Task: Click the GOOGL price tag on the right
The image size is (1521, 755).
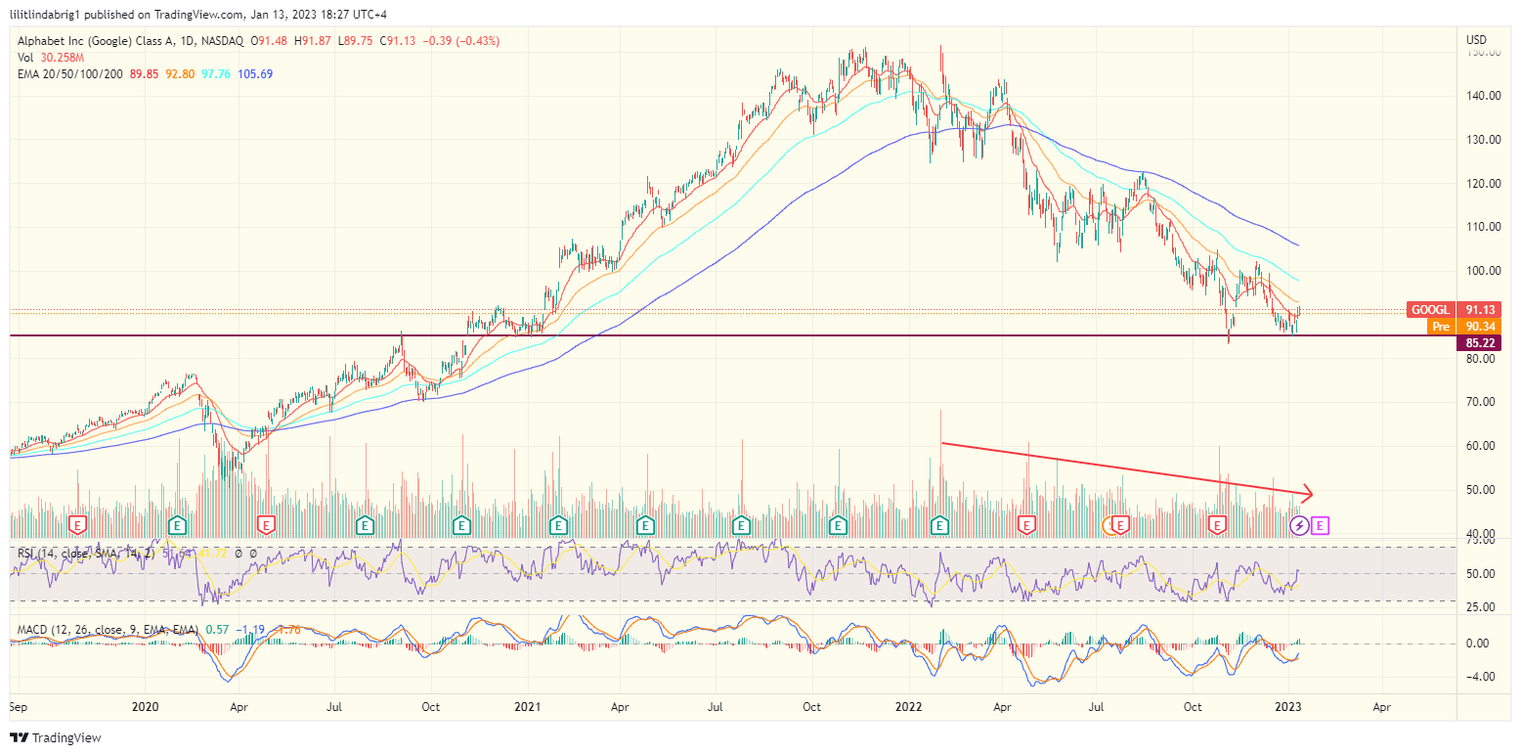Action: point(1452,310)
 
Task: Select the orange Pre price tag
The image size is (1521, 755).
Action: point(1452,326)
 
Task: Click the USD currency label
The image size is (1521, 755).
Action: point(1476,39)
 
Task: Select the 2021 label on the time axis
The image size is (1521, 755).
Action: point(528,705)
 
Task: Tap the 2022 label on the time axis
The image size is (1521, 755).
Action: point(910,705)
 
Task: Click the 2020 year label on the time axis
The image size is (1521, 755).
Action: point(145,705)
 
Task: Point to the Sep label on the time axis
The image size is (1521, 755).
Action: point(19,705)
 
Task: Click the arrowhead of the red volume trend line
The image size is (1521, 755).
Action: point(1308,494)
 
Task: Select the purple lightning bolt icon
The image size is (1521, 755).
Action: point(1299,526)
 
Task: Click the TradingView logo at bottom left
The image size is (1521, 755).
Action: point(56,737)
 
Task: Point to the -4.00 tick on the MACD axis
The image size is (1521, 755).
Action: point(1478,677)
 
